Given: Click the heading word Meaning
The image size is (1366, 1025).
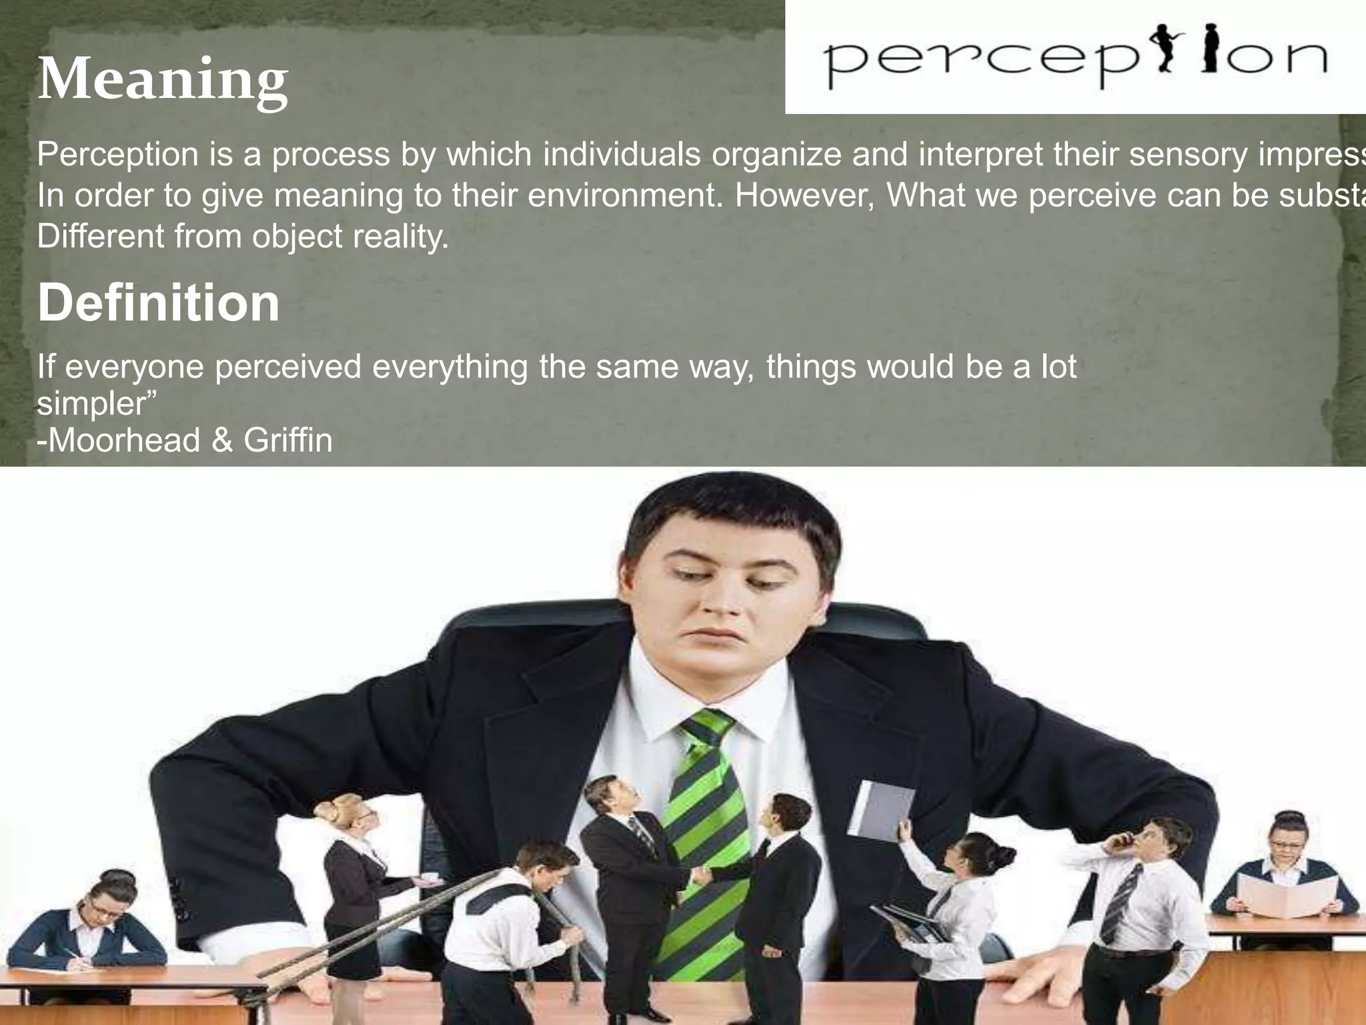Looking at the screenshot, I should pos(163,80).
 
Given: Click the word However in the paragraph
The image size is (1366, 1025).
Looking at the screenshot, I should pos(804,196).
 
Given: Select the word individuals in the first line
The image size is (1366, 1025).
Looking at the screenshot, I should pos(622,155).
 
